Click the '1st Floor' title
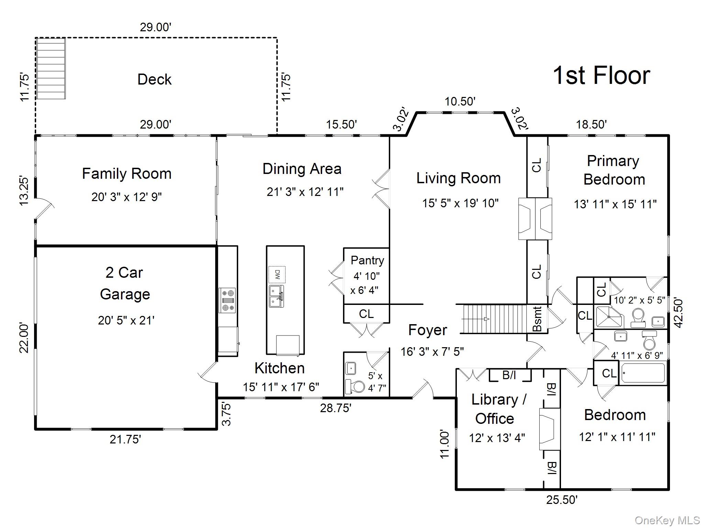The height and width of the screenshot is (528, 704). pos(601,75)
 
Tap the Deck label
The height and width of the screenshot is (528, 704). pos(154,79)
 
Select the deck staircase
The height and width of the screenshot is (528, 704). pos(51,69)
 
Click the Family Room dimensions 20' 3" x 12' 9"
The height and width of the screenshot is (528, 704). pos(126,197)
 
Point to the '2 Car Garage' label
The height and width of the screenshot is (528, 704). pos(125,283)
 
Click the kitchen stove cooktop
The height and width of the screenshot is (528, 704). pos(228,300)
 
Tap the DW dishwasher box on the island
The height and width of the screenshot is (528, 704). pos(277,275)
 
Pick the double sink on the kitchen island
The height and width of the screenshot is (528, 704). pos(277,296)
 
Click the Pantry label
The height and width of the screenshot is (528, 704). pos(367,261)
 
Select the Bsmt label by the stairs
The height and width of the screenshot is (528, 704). pos(537,319)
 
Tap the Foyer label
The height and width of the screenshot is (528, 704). pos(428,330)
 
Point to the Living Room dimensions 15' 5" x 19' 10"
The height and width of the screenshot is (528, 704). pos(460,203)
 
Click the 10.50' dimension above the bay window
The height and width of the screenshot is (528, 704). pos(460,102)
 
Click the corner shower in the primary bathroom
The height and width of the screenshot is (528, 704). pos(609,317)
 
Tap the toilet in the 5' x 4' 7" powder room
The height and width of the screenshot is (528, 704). pos(355,386)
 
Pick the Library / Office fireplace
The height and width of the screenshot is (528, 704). pos(549,429)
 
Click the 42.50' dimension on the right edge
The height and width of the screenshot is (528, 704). pos(678,313)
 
